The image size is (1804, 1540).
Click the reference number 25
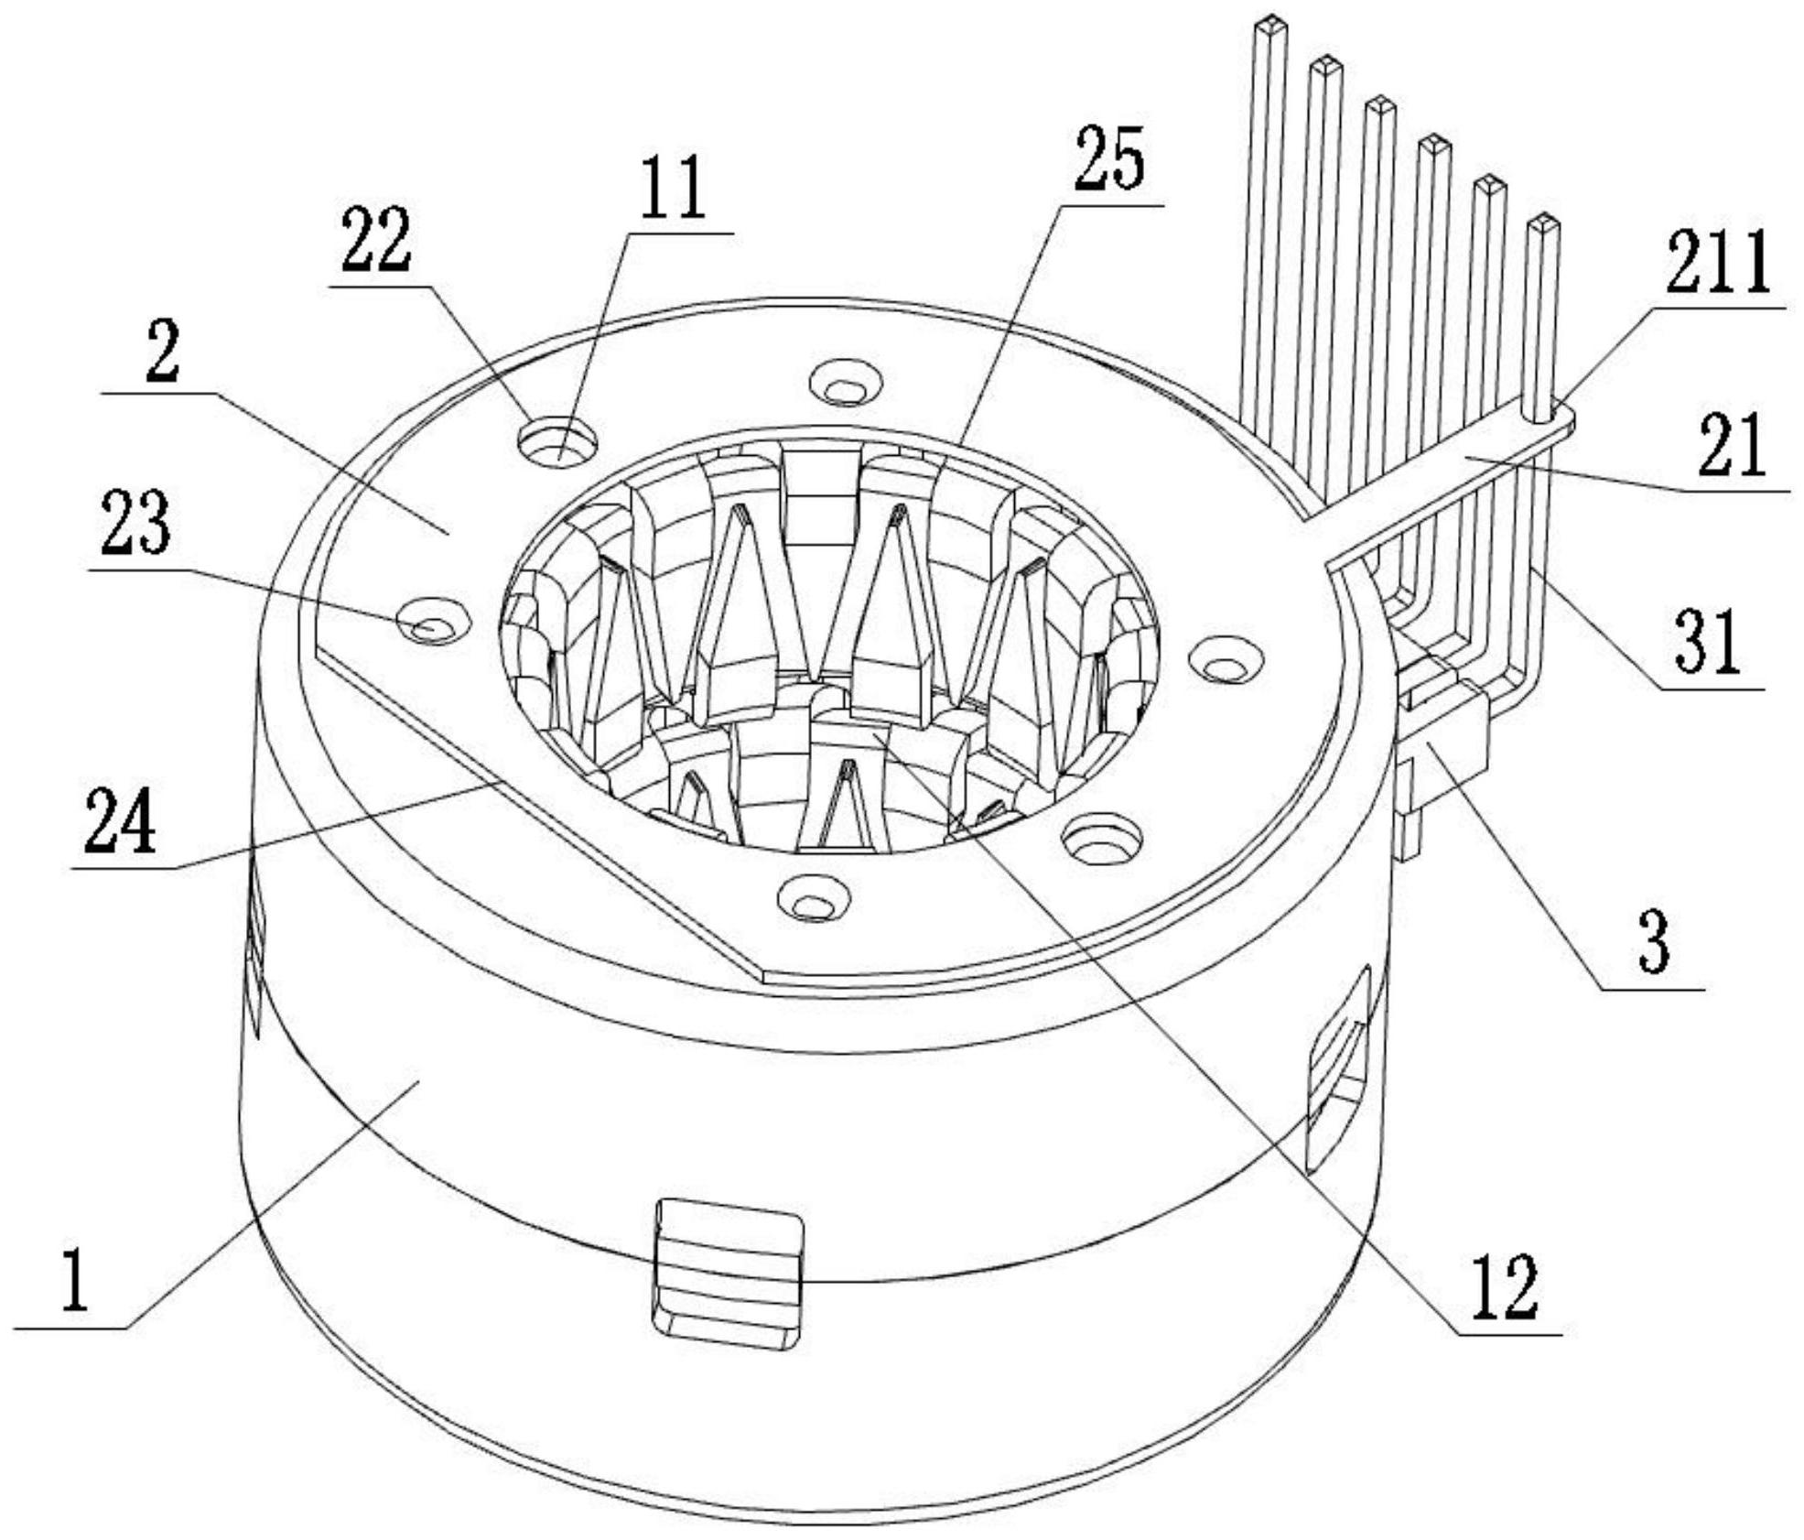click(x=1108, y=159)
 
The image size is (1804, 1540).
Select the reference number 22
click(x=376, y=239)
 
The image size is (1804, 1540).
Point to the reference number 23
click(x=135, y=522)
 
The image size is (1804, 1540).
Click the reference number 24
click(x=120, y=821)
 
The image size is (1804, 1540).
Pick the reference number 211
click(x=1718, y=261)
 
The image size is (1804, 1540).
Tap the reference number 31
click(x=1709, y=641)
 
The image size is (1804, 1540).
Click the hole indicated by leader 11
click(x=556, y=442)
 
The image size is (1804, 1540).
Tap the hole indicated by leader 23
click(x=434, y=622)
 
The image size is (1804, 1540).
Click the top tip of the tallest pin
click(x=1271, y=22)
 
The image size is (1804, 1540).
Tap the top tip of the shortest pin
click(x=1543, y=222)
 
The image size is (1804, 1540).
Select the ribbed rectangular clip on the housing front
click(x=728, y=1274)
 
